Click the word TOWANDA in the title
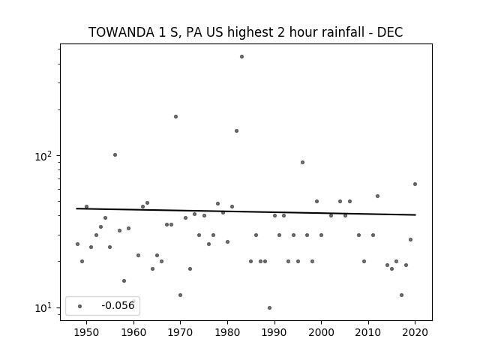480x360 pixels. [121, 32]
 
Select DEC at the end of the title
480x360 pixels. [390, 32]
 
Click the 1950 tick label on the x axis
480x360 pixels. [87, 332]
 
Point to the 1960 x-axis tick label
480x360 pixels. [133, 332]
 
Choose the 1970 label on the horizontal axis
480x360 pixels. [181, 332]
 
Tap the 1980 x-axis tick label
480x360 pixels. [227, 332]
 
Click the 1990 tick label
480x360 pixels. [274, 332]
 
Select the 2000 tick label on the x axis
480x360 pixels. [322, 332]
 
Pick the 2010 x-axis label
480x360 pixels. [368, 332]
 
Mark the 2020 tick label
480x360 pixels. [415, 332]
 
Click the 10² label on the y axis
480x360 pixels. [43, 156]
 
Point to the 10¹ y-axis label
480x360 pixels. [43, 307]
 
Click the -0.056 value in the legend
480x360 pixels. [118, 305]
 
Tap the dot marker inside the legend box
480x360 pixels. [80, 306]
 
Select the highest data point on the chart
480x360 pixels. [241, 57]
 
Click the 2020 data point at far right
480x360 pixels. [415, 184]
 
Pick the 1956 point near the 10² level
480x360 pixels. [115, 155]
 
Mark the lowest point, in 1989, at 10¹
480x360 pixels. [269, 307]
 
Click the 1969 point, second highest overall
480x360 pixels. [175, 117]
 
